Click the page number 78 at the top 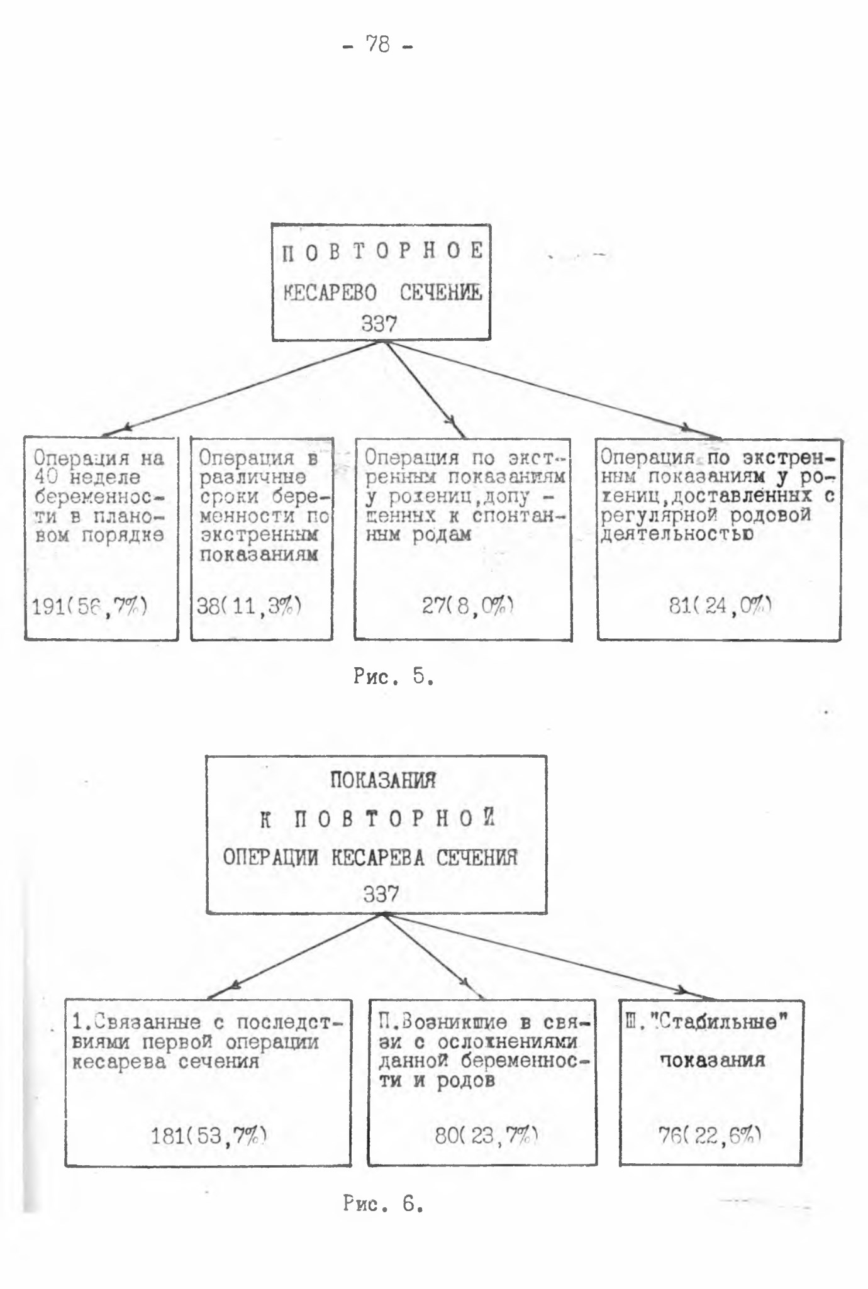(x=380, y=45)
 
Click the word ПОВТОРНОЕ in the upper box (x=382, y=252)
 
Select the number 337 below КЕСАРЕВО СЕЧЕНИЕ (x=379, y=324)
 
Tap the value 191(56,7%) (x=90, y=606)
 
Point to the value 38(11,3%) (x=249, y=606)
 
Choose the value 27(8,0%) (x=469, y=606)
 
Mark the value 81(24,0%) (x=721, y=606)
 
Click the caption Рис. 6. (x=383, y=1203)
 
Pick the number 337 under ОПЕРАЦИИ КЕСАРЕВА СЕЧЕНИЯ (x=381, y=893)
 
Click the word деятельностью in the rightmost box (x=677, y=535)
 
